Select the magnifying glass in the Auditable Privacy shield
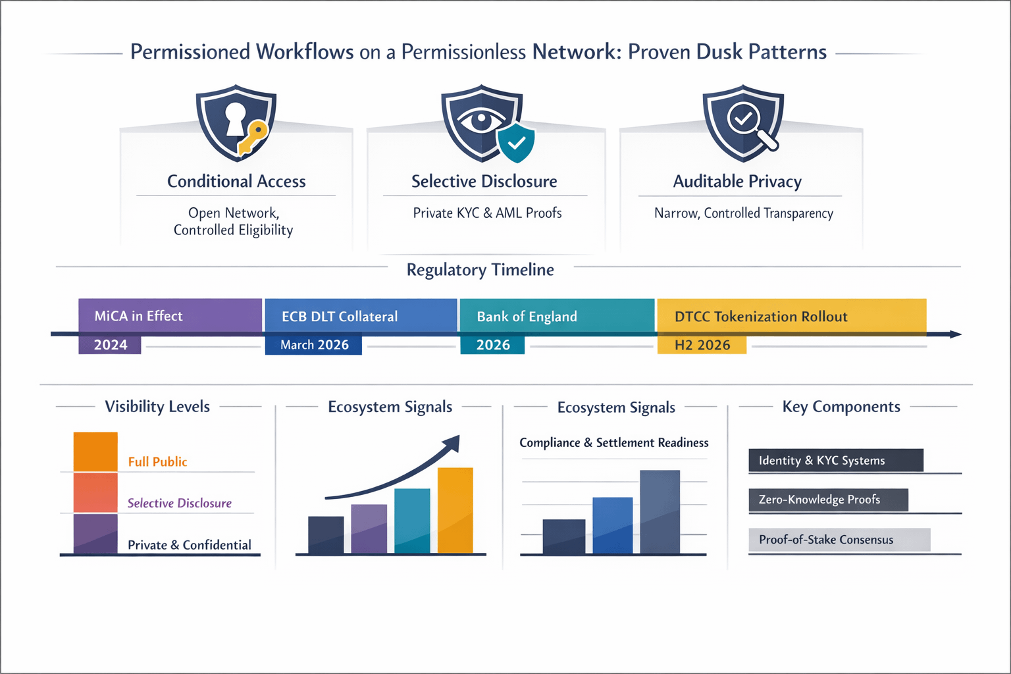point(748,122)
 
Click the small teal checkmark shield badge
point(516,142)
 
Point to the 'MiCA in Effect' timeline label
point(138,316)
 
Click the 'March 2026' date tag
point(314,345)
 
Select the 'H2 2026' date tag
point(702,345)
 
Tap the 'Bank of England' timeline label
point(527,317)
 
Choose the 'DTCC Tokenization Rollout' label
point(761,317)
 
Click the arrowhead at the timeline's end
point(955,334)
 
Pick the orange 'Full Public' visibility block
point(95,452)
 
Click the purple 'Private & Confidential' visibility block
point(95,534)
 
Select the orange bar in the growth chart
point(455,510)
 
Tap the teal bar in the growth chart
point(412,521)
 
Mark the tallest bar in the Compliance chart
point(660,511)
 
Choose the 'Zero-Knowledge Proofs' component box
point(828,500)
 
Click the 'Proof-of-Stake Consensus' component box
point(839,540)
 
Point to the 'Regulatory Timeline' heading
point(480,270)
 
